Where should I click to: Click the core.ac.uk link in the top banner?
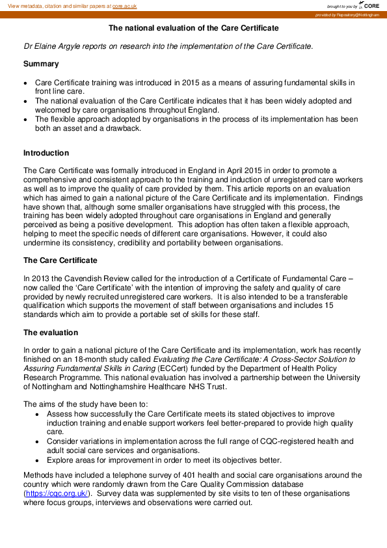[x=126, y=5]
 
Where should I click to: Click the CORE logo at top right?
[x=371, y=5]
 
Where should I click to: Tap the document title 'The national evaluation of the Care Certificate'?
[x=193, y=29]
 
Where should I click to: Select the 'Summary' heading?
[x=41, y=64]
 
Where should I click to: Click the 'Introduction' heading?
[x=46, y=153]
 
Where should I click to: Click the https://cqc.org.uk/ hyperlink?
[x=56, y=493]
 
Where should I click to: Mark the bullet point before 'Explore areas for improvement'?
[x=38, y=459]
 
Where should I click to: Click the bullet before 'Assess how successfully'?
[x=38, y=414]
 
